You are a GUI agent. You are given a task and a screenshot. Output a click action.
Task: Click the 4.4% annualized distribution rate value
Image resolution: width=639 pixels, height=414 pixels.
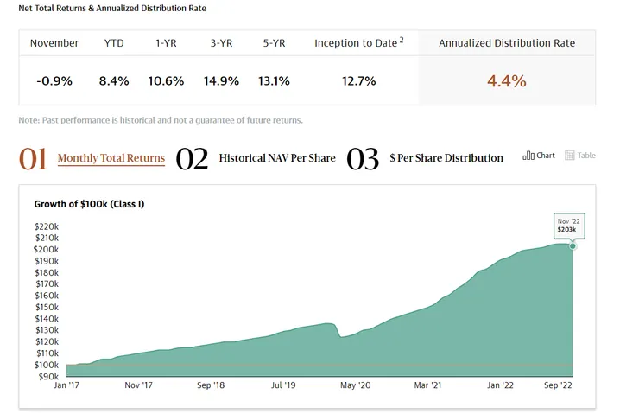click(506, 80)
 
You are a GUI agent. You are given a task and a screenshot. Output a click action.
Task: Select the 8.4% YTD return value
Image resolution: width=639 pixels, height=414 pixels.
click(114, 80)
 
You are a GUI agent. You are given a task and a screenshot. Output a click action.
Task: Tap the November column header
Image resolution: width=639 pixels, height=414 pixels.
click(54, 42)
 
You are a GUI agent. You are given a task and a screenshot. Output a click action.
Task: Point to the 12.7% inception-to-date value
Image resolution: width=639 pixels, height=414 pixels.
click(358, 80)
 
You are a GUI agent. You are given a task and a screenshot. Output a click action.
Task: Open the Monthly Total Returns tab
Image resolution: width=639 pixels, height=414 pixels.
click(111, 158)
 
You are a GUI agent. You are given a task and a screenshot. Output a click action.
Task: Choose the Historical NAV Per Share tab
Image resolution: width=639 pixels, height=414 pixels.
click(277, 158)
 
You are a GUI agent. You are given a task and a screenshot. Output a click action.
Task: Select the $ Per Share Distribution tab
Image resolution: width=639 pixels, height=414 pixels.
click(446, 158)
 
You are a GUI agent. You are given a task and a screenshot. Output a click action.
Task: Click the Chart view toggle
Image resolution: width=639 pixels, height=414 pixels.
click(539, 156)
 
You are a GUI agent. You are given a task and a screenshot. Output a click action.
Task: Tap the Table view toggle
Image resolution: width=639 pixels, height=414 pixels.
click(580, 156)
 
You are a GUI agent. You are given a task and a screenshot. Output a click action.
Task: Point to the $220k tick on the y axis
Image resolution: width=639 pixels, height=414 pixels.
click(47, 226)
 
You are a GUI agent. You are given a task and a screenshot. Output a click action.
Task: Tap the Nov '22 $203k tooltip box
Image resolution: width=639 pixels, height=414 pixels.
click(567, 226)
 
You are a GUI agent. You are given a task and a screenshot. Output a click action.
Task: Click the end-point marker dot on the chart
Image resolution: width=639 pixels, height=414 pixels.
click(572, 246)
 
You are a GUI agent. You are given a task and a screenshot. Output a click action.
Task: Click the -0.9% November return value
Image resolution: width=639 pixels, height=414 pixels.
click(54, 80)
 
